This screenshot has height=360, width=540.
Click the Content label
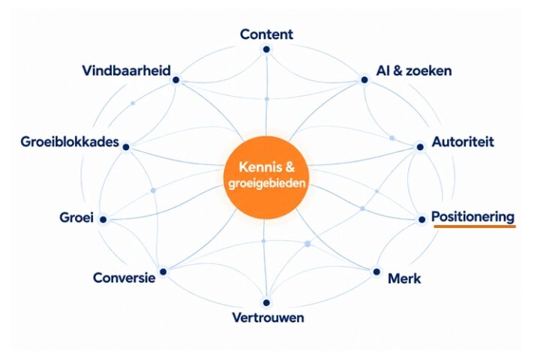tap(266, 34)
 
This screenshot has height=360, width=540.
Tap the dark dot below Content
tap(266, 49)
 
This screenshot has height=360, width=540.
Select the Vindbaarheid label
tap(127, 70)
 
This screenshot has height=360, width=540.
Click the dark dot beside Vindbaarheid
tap(176, 80)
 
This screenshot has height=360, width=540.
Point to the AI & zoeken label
tap(414, 70)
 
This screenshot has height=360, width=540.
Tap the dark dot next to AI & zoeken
tap(364, 80)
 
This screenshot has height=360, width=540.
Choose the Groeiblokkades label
tap(70, 142)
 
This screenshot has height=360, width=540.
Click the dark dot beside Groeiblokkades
tap(126, 147)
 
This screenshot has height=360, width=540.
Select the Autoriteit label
tap(463, 142)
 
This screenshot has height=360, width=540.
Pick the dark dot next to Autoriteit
tap(420, 147)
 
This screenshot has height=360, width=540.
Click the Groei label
tap(76, 217)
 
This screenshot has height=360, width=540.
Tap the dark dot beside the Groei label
tap(103, 220)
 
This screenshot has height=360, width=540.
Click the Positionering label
tap(472, 217)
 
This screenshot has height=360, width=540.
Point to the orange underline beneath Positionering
tap(475, 226)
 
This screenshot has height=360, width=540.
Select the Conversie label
tap(124, 277)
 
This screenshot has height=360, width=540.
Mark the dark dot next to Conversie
tap(163, 271)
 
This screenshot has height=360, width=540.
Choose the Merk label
tap(404, 278)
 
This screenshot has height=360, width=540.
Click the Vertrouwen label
tap(268, 318)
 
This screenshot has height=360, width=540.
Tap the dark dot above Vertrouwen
tap(266, 303)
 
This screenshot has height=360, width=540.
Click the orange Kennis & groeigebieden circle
tap(266, 178)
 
